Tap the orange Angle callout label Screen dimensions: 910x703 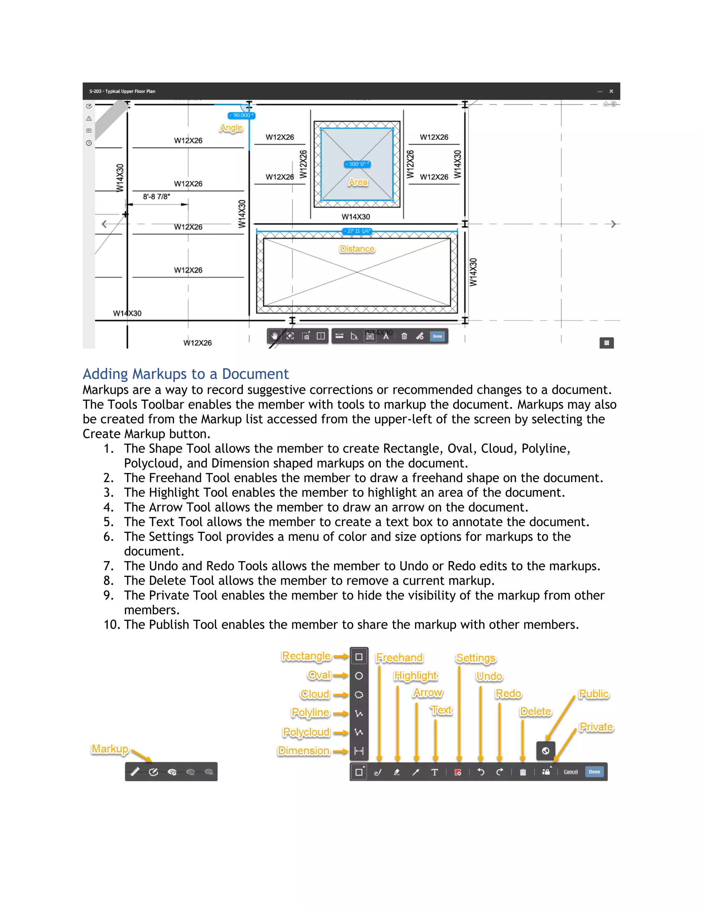coord(231,128)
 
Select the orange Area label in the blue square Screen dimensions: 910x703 coord(358,182)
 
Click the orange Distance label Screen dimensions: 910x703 coord(357,249)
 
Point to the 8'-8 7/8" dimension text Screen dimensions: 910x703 coord(156,196)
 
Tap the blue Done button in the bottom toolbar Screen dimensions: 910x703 coord(594,772)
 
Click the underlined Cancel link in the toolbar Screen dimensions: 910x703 coord(570,772)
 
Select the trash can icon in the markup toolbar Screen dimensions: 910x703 coord(523,772)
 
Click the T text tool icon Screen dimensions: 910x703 coord(434,772)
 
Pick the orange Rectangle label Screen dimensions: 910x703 coord(306,656)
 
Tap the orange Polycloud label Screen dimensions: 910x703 coord(306,732)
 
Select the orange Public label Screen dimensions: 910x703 coord(593,694)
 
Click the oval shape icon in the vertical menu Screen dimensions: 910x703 coord(359,675)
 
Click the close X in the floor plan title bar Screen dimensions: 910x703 coord(611,91)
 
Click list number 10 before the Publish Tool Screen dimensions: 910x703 coord(112,625)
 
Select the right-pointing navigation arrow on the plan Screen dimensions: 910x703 coord(613,224)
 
